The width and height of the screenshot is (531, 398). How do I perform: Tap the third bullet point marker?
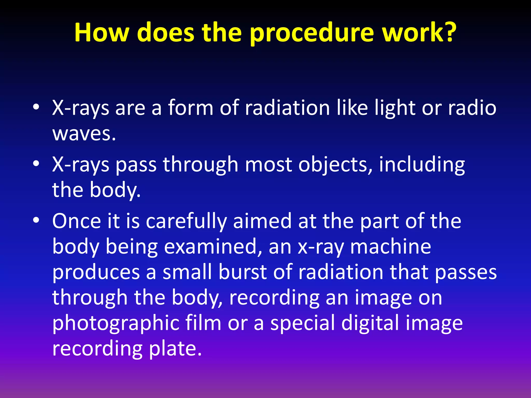36,220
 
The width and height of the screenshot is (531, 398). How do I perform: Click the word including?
422,165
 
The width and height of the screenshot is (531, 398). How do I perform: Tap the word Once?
76,221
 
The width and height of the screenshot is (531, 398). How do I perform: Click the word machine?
390,247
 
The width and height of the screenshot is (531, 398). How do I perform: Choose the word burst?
242,272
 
